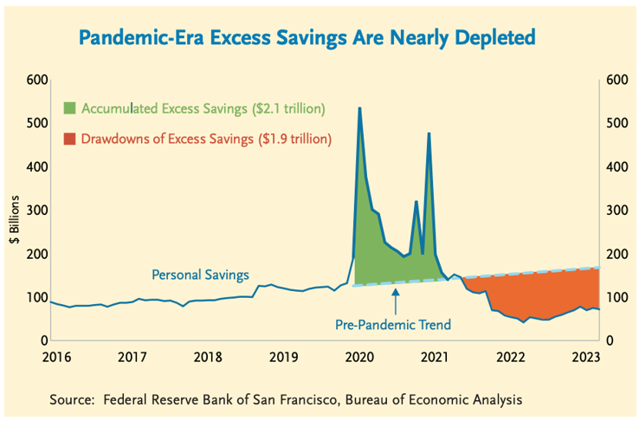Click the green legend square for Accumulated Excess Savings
coord(70,108)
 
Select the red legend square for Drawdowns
coord(70,138)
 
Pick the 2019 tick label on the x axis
coord(282,357)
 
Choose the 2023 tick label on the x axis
coord(587,357)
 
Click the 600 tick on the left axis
coord(35,81)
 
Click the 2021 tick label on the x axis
coord(436,357)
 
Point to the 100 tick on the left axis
coord(35,297)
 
